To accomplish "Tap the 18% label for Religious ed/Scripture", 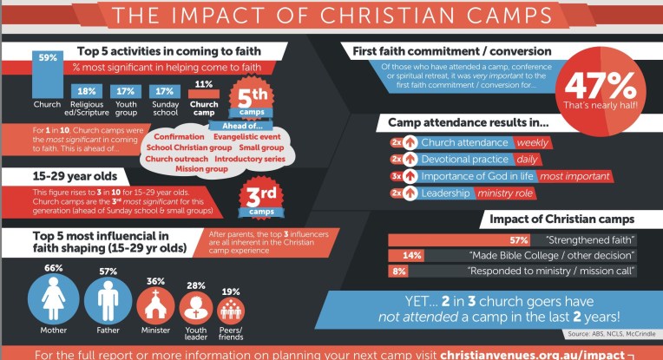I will (x=86, y=91).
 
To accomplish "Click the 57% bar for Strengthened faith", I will (x=459, y=239).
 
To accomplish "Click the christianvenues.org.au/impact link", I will (x=532, y=354).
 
